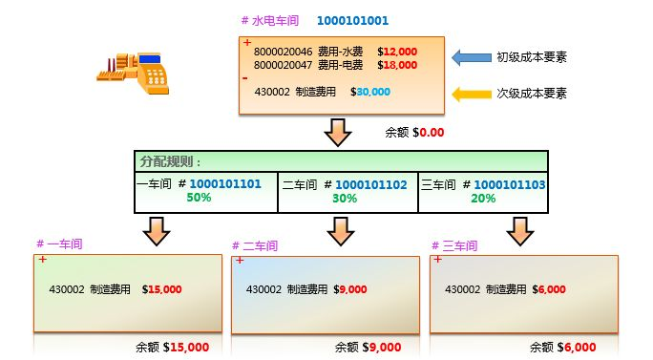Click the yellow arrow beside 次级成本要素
469,94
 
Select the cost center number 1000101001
352,20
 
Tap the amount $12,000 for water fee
398,52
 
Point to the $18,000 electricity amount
398,65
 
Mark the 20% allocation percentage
483,199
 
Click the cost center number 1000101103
510,184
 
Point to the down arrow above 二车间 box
340,230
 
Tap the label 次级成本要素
532,94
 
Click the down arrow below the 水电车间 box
339,132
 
